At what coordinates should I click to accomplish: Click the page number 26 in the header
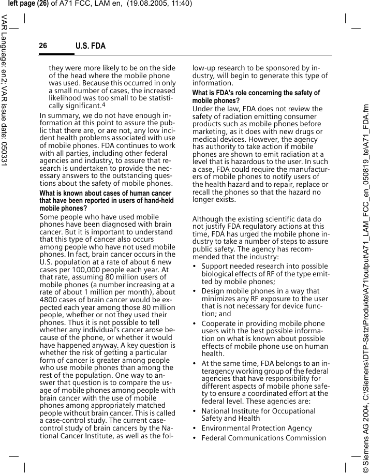43,46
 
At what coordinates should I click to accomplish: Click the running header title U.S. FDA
91,47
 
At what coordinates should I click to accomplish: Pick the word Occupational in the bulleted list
289,411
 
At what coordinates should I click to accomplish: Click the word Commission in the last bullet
307,438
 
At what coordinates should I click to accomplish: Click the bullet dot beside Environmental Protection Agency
195,428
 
